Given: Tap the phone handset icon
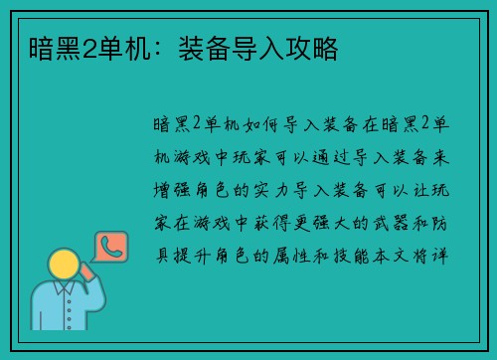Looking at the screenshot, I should (x=111, y=246).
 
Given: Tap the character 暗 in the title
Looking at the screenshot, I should (x=29, y=47).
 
